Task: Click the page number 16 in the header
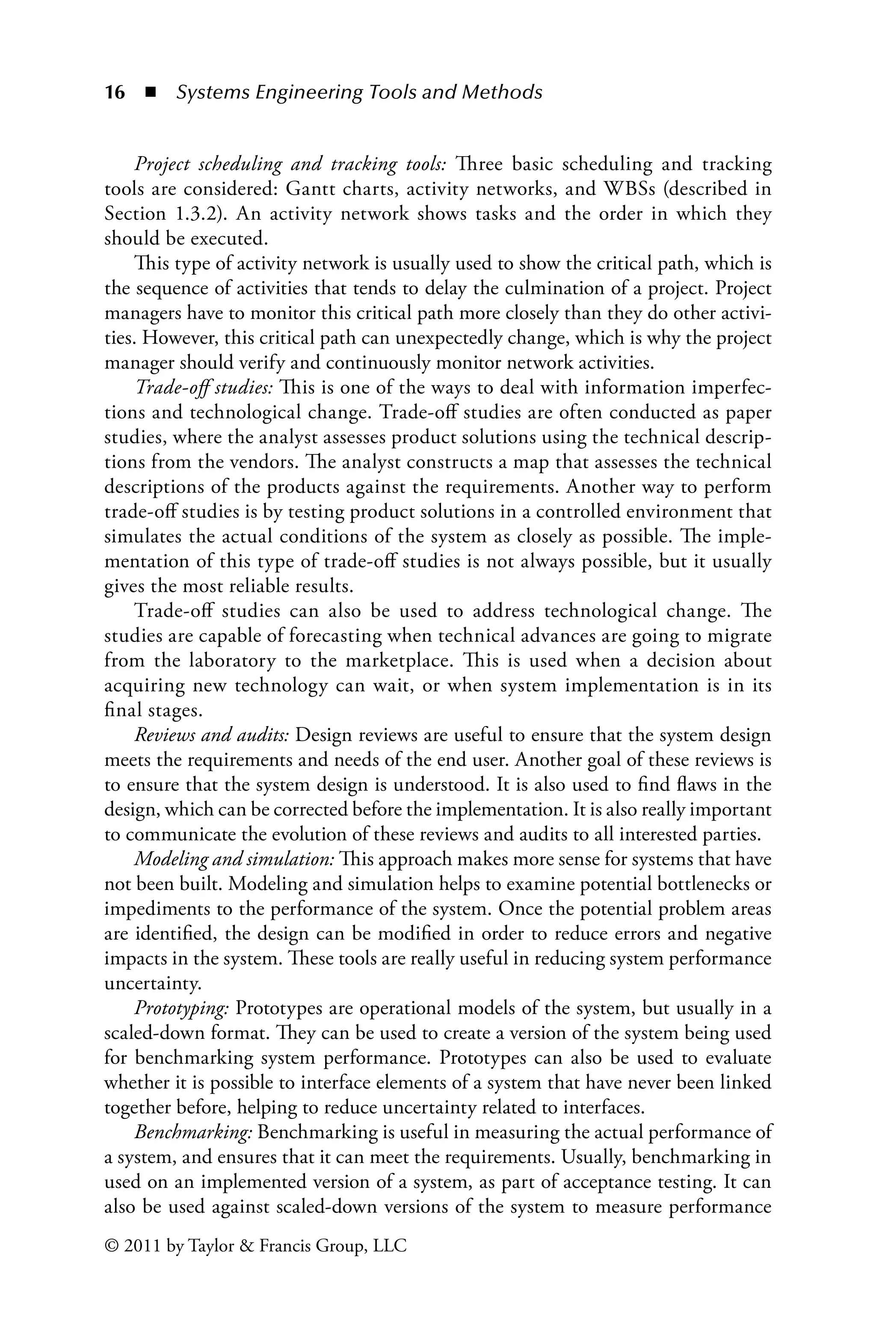click(x=115, y=92)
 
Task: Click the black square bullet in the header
click(x=150, y=92)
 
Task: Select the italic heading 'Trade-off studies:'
click(x=204, y=388)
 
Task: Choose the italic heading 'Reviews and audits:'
click(x=212, y=735)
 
